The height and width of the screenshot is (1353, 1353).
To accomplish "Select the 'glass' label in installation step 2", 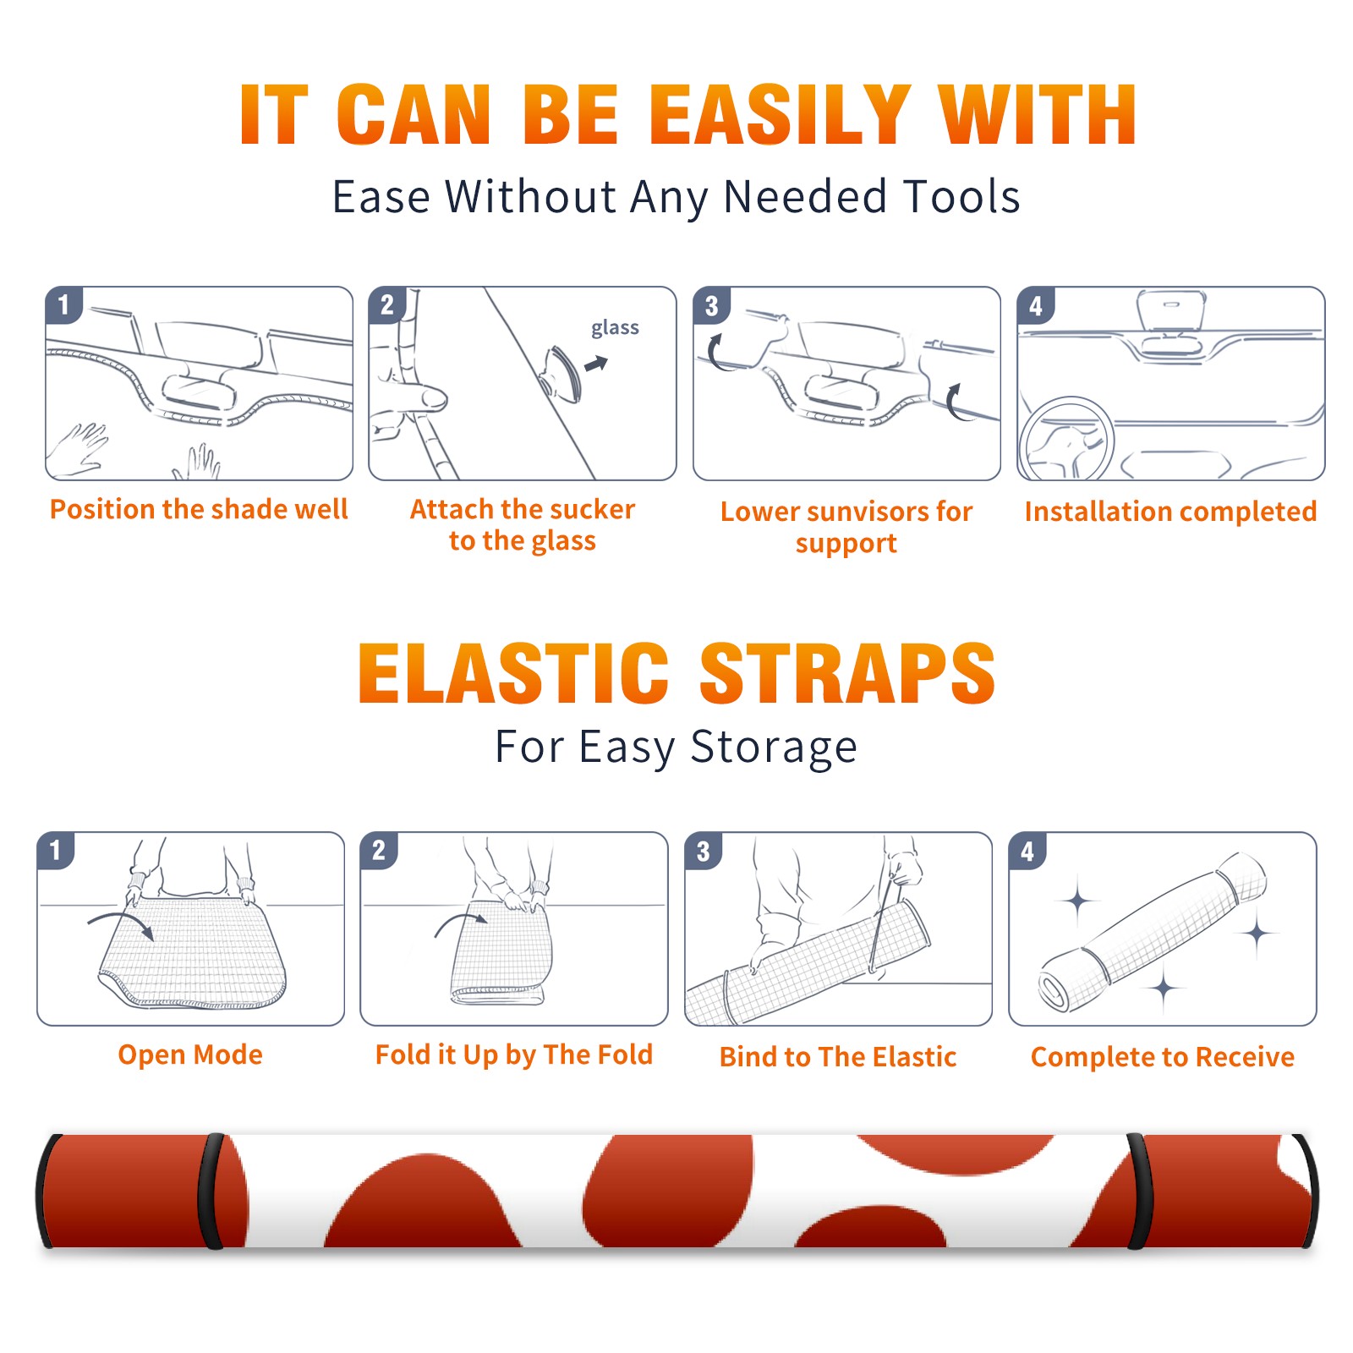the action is (x=615, y=328).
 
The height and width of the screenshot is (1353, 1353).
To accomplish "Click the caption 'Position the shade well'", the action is (x=199, y=509).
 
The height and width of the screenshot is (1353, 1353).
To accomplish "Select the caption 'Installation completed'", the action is (x=1170, y=512).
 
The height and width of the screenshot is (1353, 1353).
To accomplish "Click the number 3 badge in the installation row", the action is (x=711, y=305).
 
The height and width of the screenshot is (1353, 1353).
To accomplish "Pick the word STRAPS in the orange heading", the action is (x=847, y=673).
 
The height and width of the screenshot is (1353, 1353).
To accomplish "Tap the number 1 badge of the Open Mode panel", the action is (x=56, y=851).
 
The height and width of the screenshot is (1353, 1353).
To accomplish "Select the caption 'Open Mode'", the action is (x=190, y=1054).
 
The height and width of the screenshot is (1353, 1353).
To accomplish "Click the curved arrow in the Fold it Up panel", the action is (x=459, y=922).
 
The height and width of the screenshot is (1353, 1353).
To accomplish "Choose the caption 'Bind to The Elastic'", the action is (x=838, y=1057).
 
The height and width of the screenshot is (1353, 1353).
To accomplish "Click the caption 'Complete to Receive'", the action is (x=1163, y=1057).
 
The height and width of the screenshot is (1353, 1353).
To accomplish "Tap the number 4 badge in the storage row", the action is (x=1027, y=851).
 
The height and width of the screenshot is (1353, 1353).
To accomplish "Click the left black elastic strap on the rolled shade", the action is (x=211, y=1191).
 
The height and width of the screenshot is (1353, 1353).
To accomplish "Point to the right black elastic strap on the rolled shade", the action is (x=1138, y=1191).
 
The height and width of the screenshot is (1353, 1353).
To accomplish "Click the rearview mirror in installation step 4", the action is (x=1171, y=310).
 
